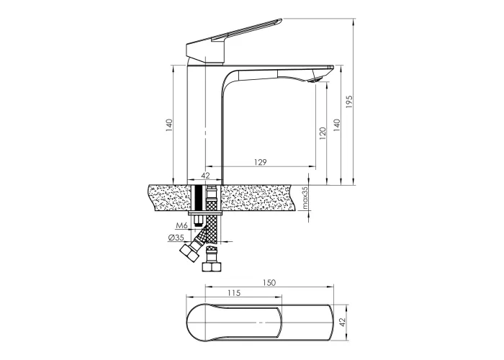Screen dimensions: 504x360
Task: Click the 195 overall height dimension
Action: tap(349, 102)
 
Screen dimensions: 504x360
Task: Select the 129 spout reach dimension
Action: tap(261, 162)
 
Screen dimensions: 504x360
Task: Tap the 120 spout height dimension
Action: tap(323, 133)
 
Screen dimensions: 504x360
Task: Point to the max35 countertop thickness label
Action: tap(305, 198)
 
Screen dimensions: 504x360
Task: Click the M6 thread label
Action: tap(181, 225)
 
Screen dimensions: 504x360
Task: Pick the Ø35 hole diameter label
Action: tap(176, 238)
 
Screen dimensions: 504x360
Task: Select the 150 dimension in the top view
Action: tap(269, 282)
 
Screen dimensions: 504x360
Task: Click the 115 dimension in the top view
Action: tap(234, 293)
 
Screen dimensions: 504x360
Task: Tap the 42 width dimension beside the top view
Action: tap(342, 323)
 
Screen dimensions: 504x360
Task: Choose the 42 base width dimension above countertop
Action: tap(205, 176)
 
